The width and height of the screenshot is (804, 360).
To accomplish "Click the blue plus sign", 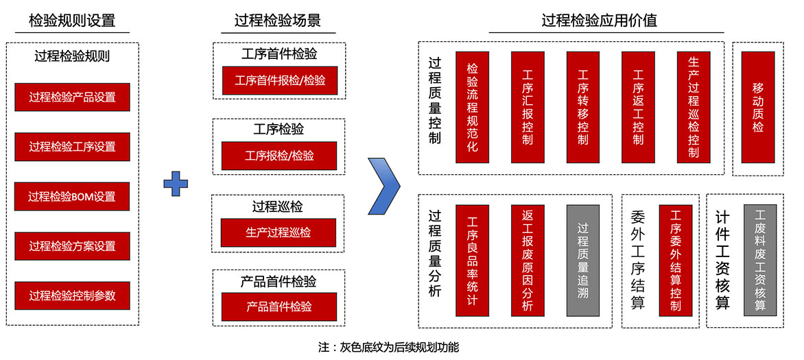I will click(175, 183).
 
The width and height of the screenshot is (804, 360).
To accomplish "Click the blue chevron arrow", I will click(383, 185).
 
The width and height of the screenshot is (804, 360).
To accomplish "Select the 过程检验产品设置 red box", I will click(72, 97).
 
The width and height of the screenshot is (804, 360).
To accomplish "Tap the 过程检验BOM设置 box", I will click(72, 196).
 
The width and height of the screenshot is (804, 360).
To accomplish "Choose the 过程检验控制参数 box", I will click(72, 296).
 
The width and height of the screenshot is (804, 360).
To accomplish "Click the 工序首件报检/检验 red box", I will click(279, 80).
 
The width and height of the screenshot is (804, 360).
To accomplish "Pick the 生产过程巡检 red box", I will click(279, 232).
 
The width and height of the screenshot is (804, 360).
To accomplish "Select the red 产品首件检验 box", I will click(279, 307).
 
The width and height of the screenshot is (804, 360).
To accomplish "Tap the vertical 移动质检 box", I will click(758, 107).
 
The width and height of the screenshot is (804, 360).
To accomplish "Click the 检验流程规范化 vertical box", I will click(472, 107).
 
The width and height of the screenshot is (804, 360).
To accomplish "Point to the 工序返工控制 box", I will click(638, 107).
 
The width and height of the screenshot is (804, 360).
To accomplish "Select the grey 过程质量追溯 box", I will click(583, 260).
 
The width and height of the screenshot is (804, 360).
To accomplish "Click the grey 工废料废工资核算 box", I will click(759, 260).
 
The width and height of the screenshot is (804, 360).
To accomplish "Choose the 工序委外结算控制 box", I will click(676, 260).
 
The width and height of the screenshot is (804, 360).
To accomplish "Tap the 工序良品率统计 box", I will click(472, 260).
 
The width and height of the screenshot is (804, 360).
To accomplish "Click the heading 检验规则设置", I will click(72, 21).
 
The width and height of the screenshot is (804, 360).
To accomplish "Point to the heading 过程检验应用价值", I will click(599, 21).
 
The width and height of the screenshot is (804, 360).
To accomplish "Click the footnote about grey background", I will click(388, 347).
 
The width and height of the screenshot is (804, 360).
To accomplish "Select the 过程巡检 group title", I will click(278, 206).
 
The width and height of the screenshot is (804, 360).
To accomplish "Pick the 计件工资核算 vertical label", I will click(722, 260).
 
